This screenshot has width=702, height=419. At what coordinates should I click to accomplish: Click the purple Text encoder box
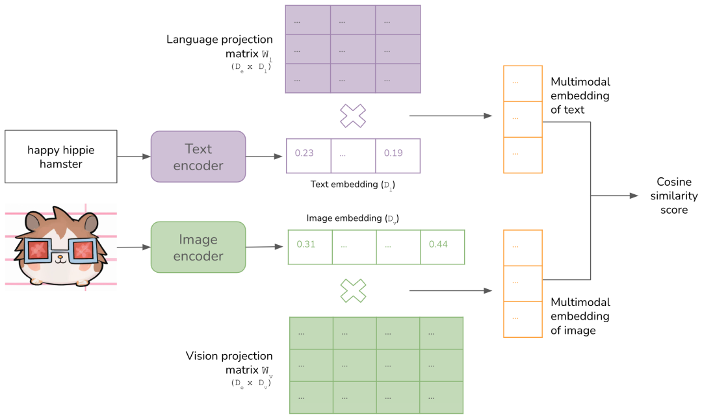pyautogui.click(x=198, y=157)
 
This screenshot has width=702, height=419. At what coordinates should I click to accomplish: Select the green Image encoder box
pyautogui.click(x=198, y=247)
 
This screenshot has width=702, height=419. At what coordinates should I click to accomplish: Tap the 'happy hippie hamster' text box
pyautogui.click(x=61, y=157)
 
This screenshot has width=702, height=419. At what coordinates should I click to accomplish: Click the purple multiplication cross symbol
pyautogui.click(x=353, y=116)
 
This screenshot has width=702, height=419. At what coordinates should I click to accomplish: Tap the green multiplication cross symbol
pyautogui.click(x=353, y=290)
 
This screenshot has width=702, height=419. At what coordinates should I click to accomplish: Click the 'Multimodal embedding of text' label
pyautogui.click(x=580, y=95)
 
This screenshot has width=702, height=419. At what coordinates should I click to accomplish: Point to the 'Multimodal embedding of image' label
pyautogui.click(x=580, y=316)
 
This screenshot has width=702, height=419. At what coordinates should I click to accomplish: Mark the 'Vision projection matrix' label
pyautogui.click(x=229, y=363)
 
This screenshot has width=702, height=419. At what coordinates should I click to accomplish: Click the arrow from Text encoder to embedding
pyautogui.click(x=265, y=157)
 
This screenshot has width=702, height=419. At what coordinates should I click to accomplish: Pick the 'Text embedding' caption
pyautogui.click(x=352, y=184)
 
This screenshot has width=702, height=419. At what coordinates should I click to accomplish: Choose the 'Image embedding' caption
pyautogui.click(x=352, y=218)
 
